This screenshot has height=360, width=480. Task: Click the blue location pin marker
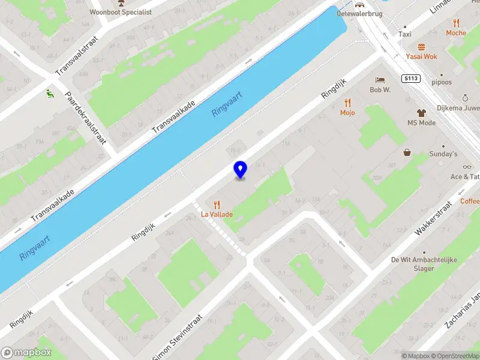240,169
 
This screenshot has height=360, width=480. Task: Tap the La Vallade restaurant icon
216,205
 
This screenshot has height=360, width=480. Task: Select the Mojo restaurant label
347,112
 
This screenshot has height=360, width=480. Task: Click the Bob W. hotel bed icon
380,80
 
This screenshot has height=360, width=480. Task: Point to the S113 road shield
411,79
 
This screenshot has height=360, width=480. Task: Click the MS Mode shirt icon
421,112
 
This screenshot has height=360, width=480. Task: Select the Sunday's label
443,154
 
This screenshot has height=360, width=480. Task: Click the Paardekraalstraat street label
86,118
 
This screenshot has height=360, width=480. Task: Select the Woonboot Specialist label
121,11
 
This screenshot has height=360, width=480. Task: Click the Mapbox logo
26,353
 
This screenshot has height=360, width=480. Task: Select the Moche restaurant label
455,33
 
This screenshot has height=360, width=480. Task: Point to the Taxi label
406,35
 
